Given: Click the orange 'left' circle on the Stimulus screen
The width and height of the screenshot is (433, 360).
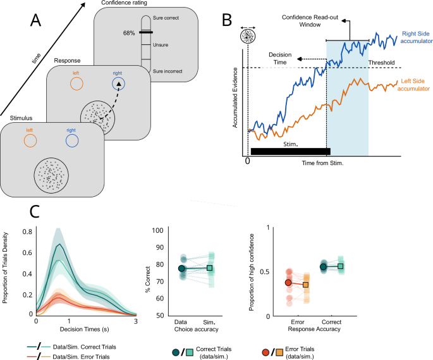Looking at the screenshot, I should coord(28,139).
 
